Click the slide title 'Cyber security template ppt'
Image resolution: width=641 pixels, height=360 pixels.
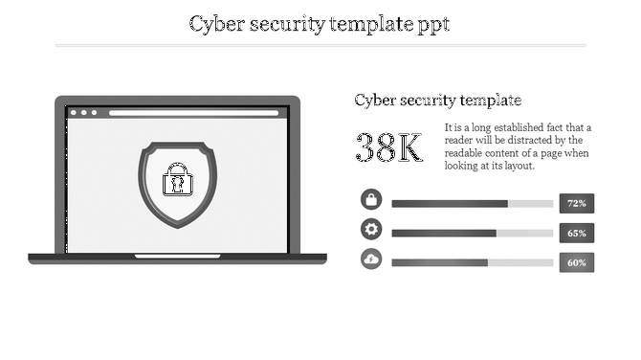(x=320, y=23)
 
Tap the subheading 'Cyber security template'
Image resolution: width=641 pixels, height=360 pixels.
(x=437, y=100)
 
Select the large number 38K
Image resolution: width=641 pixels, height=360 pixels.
(x=388, y=148)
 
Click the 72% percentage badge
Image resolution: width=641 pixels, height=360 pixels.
(x=576, y=203)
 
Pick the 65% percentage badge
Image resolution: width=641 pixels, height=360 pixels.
(x=576, y=233)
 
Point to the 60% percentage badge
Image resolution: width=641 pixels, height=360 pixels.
(x=576, y=262)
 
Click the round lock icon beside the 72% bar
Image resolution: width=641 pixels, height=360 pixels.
(x=371, y=200)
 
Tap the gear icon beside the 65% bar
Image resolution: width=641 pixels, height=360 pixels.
(x=371, y=230)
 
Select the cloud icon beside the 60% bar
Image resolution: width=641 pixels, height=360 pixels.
(x=371, y=259)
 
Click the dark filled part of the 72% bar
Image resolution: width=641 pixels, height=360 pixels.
(x=450, y=204)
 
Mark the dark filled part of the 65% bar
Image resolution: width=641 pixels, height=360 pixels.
(x=444, y=234)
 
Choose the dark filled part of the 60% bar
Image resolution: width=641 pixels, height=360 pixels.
(x=440, y=263)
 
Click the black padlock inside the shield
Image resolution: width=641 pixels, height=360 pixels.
(x=177, y=180)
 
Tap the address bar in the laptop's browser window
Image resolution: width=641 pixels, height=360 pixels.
(x=196, y=113)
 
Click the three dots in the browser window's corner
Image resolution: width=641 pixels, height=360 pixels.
(x=83, y=113)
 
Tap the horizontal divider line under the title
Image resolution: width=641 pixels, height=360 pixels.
(x=320, y=45)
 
